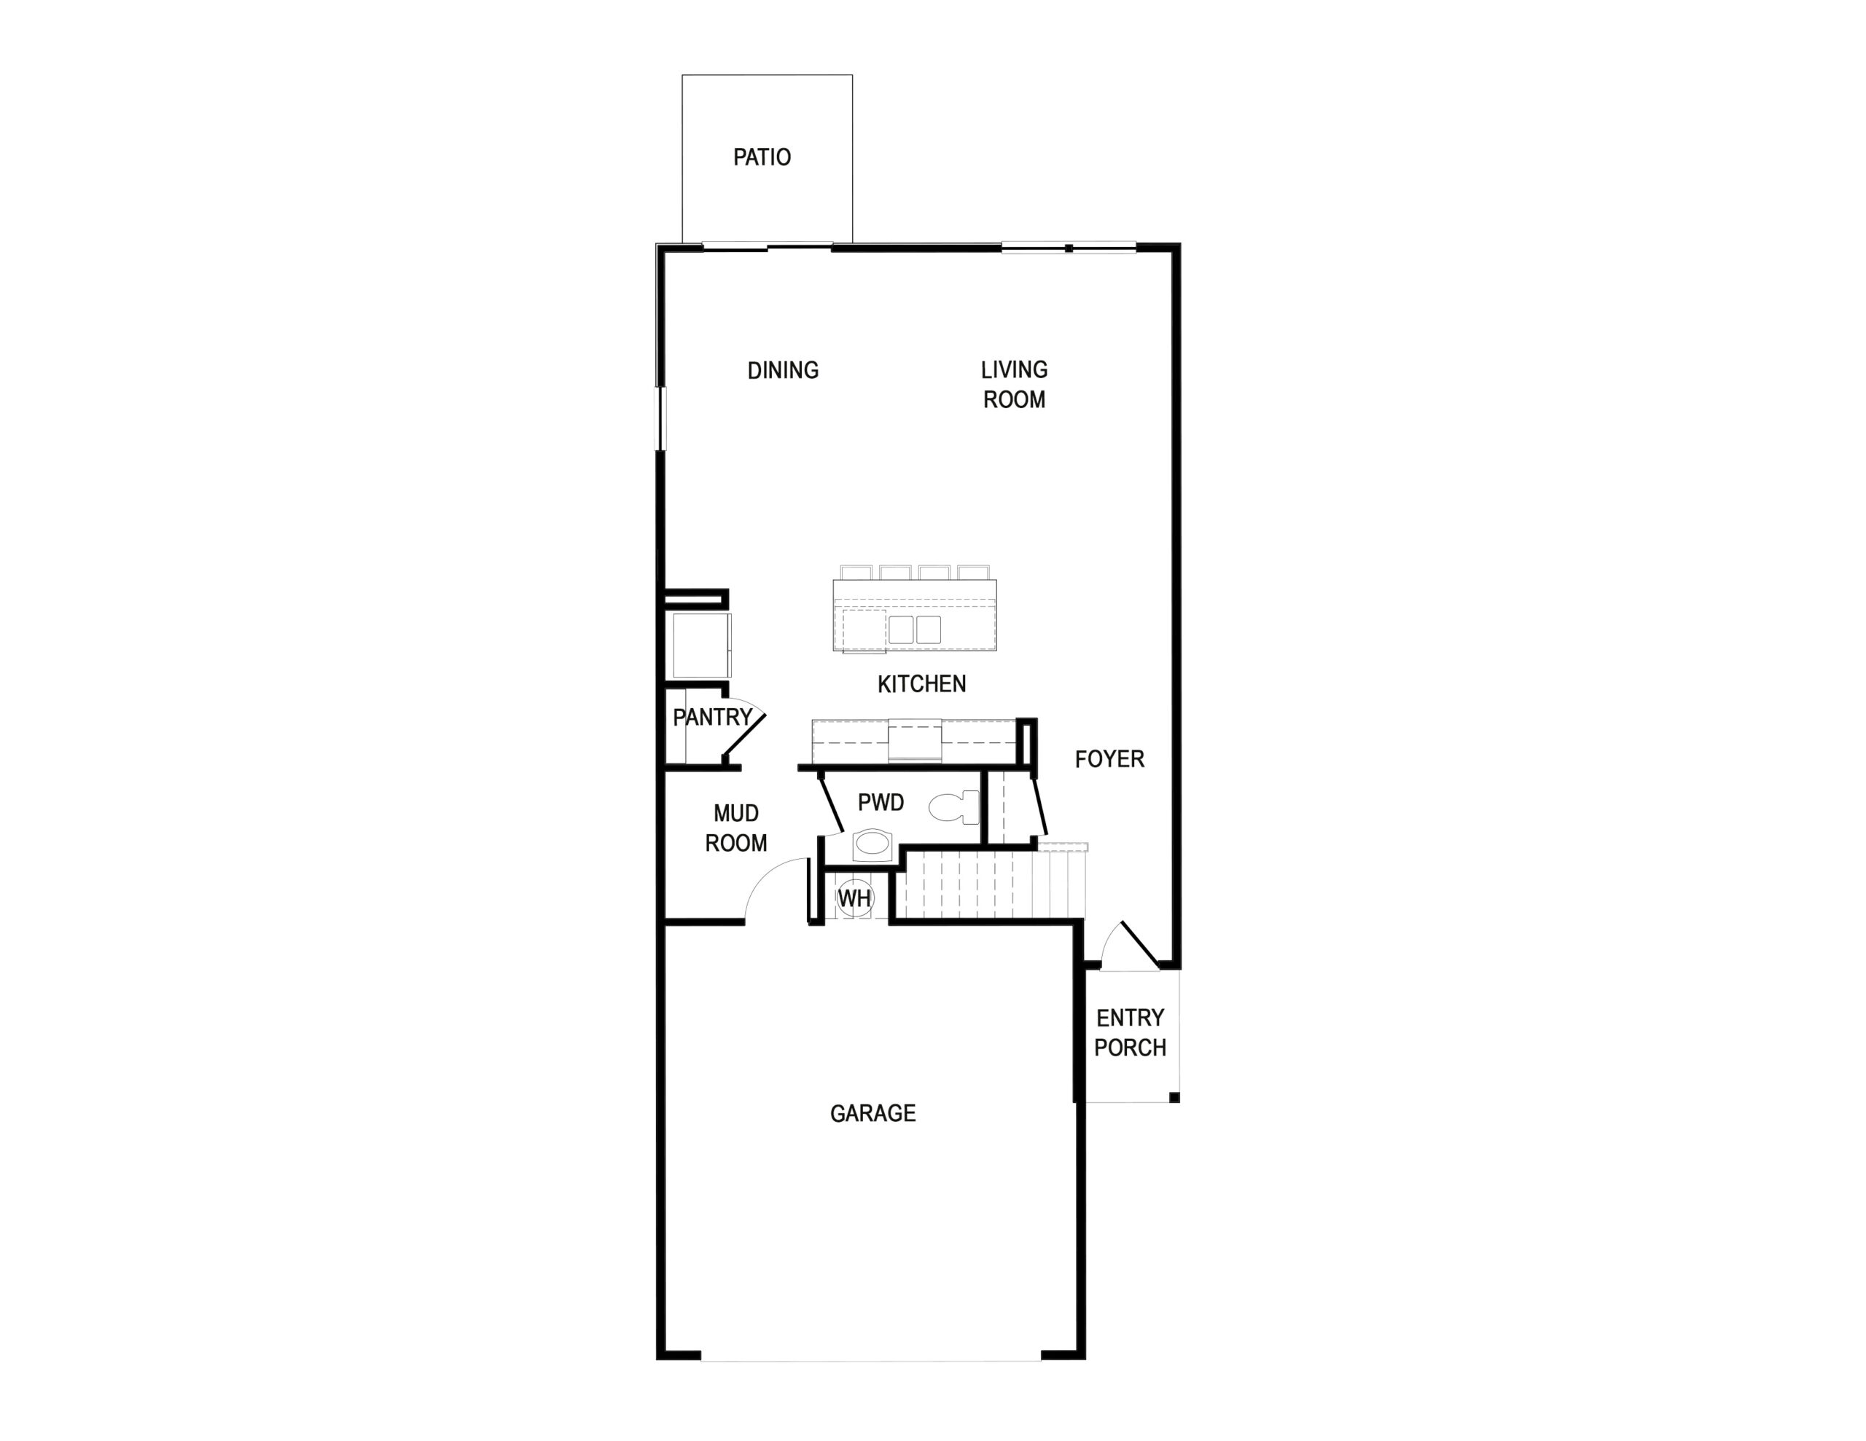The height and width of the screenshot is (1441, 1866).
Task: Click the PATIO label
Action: click(x=762, y=157)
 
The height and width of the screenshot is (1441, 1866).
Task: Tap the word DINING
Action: click(x=783, y=370)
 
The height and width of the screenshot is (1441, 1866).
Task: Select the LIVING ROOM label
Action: click(x=1014, y=385)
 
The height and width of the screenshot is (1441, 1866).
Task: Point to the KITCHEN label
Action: click(x=922, y=683)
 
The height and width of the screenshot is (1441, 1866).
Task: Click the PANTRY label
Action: click(x=713, y=718)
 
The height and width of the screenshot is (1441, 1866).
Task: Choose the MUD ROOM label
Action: click(x=735, y=828)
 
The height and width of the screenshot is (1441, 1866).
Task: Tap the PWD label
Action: click(x=881, y=802)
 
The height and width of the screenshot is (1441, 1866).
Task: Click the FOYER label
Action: click(x=1109, y=758)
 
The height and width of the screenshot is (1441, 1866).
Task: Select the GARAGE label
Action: click(x=873, y=1113)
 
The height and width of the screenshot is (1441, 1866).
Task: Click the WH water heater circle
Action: click(x=854, y=898)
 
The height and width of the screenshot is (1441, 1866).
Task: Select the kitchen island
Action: click(x=914, y=615)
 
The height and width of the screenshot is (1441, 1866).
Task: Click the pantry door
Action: click(x=743, y=736)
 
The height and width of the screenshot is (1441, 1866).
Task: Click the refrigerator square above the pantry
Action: click(x=701, y=645)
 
